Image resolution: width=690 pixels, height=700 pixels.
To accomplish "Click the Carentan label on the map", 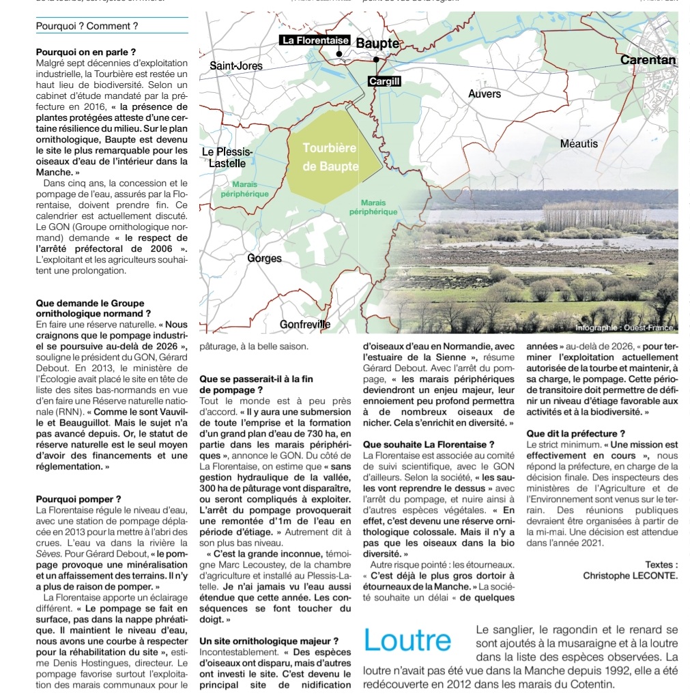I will coord(648,60).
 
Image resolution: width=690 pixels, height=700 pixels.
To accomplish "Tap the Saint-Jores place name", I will coord(235,65).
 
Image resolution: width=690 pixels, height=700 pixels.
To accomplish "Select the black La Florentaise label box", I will coord(315,41).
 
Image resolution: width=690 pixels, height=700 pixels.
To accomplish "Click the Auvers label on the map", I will coord(485,94).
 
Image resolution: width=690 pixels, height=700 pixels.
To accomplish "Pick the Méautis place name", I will coord(578,143).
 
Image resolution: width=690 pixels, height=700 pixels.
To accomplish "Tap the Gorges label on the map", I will coord(265,259).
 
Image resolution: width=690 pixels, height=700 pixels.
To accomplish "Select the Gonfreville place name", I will coord(305,325).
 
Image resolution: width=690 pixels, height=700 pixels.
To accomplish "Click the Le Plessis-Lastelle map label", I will coord(227,158).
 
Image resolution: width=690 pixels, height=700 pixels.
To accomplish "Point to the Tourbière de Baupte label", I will coord(330,158).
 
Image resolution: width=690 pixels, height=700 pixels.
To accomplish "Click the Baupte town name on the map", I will coord(377,43).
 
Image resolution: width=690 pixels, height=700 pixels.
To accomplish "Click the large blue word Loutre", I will coord(407,641).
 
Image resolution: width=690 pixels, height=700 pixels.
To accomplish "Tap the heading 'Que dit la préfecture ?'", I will coord(576,433).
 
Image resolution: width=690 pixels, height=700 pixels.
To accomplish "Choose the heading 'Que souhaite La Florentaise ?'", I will coord(429,444).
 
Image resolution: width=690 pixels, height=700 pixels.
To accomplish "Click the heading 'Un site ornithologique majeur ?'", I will coord(269,641).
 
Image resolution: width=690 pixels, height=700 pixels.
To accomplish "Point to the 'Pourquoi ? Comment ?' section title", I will coord(87,26).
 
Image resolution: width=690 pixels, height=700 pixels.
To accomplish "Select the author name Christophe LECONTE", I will coord(631,575).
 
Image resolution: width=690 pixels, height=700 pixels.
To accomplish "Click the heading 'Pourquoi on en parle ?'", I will coord(85,52).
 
